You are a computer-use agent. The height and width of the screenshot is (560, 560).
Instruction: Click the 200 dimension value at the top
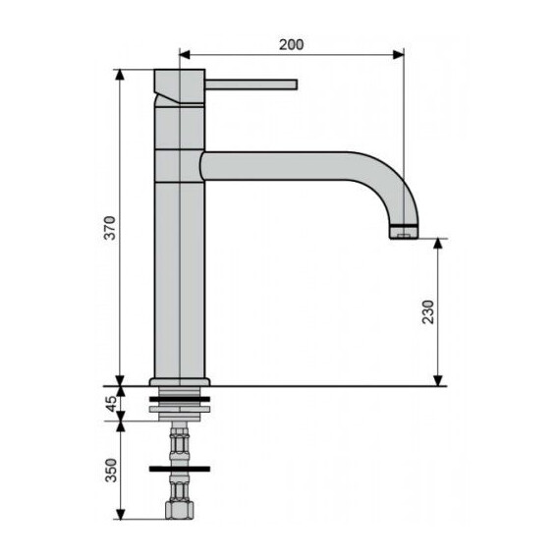(292, 44)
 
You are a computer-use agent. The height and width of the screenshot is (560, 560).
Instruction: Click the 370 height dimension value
(111, 228)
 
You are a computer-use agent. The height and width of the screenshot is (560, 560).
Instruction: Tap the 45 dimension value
(111, 401)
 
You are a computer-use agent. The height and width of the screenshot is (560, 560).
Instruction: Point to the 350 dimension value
(111, 471)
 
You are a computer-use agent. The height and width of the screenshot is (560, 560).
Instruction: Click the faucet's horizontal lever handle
(251, 84)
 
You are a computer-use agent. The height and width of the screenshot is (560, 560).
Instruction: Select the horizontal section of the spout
(285, 165)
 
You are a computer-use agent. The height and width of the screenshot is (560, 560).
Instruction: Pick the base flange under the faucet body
(181, 381)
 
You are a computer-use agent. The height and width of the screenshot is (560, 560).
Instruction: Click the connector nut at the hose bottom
(181, 512)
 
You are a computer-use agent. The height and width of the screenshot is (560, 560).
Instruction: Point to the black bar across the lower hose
(181, 468)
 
